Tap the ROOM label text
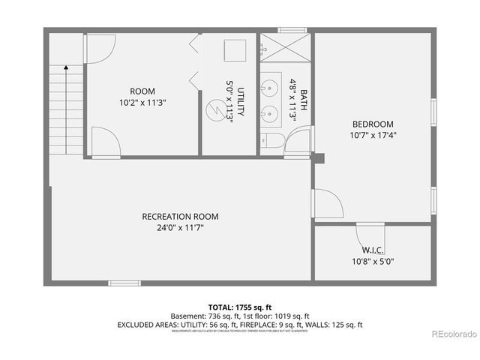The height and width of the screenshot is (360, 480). pos(142,91)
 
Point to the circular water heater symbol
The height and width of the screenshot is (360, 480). pos(215,112)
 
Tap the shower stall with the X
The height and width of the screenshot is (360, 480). pos(286,51)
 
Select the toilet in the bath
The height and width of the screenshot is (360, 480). pos(271,141)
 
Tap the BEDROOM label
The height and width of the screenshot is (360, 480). pos(373,124)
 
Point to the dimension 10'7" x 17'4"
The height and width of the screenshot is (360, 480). pos(373,136)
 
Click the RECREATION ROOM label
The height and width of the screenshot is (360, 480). pos(181,217)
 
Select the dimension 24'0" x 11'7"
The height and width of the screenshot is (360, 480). pos(181,227)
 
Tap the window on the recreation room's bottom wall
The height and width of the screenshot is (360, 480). pos(124,283)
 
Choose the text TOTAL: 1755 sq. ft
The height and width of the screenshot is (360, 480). pos(239,307)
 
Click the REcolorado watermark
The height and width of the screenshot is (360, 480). pos(451,332)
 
